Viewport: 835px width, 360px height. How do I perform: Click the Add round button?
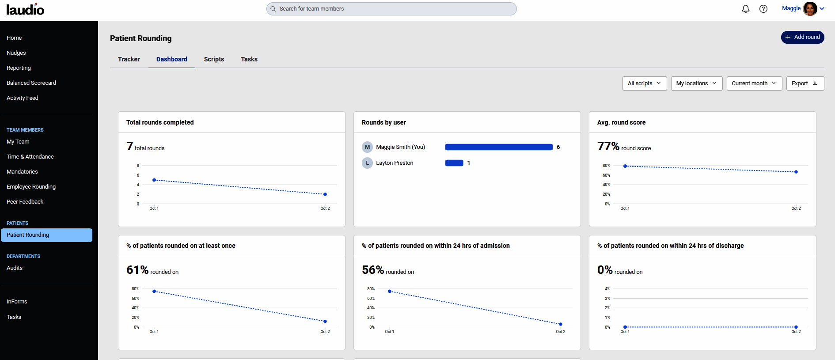[802, 37]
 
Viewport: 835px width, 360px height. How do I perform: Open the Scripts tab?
[214, 59]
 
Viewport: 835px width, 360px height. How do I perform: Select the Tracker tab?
[129, 59]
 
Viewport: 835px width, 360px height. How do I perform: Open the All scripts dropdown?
[644, 83]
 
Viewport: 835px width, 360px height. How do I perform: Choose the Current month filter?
[754, 83]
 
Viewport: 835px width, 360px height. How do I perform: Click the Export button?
[805, 83]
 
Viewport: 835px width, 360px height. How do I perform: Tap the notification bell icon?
[746, 9]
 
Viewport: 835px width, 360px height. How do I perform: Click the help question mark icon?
[763, 9]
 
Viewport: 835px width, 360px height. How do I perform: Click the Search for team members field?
[391, 9]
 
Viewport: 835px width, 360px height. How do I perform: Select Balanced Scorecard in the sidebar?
[31, 83]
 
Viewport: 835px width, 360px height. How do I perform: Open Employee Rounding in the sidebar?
[31, 187]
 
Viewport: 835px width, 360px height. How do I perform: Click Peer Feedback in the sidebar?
[25, 202]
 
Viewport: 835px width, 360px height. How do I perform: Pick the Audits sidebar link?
[15, 268]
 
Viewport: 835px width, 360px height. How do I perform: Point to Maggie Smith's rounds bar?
[499, 147]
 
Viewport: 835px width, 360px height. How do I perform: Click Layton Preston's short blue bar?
[454, 163]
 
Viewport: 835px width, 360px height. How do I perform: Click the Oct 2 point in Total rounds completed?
[325, 194]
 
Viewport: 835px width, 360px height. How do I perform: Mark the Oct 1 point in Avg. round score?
[625, 166]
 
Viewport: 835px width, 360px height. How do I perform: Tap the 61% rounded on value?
[137, 270]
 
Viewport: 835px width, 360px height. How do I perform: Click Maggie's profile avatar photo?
[810, 9]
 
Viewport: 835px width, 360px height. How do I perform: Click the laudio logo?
[25, 9]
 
